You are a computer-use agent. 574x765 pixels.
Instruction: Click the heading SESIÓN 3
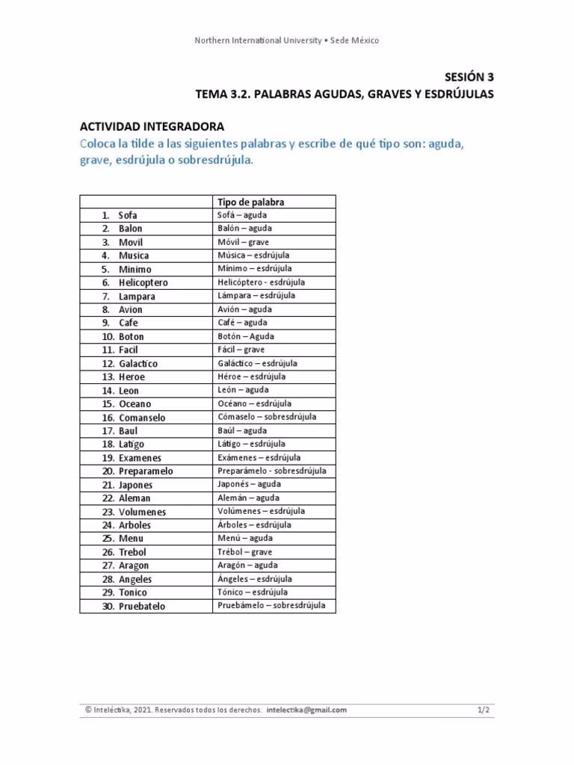(x=469, y=76)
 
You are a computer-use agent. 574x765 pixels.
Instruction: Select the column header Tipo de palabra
(x=250, y=202)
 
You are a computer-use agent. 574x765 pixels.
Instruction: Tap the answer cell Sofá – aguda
(x=242, y=215)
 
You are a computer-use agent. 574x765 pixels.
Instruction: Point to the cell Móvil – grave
(x=243, y=242)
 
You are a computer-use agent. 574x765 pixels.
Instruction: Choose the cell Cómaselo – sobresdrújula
(x=266, y=417)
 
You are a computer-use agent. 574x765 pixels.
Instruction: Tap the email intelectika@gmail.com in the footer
(x=306, y=710)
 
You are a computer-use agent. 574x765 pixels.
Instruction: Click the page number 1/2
(x=484, y=710)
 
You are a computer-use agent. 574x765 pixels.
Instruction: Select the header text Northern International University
(x=256, y=40)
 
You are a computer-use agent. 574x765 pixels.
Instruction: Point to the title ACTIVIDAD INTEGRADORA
(x=152, y=127)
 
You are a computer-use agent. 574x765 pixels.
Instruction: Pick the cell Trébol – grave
(x=244, y=551)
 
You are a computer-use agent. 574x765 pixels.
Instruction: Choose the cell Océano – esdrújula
(x=254, y=403)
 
